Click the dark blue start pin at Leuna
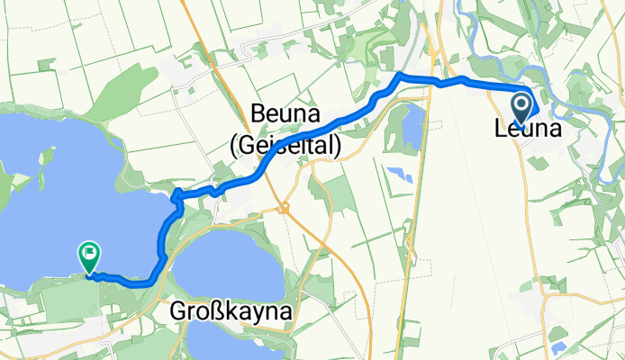tap(522, 107)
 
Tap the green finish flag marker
tap(90, 257)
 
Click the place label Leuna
tap(527, 130)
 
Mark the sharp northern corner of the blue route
tap(399, 74)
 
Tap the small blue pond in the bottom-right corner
tap(558, 346)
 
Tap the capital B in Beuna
tap(258, 115)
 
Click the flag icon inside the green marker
tap(90, 254)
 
